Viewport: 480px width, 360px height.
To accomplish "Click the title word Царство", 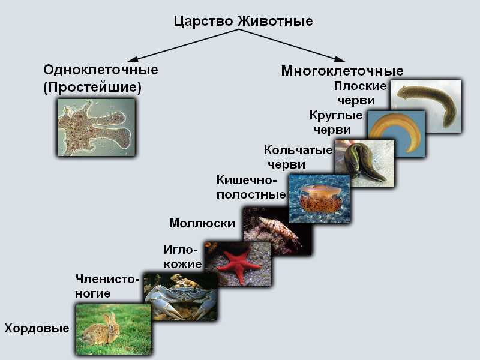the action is [204, 22].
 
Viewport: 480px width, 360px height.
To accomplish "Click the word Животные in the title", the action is [275, 21].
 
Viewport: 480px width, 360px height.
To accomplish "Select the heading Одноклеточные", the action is [101, 70].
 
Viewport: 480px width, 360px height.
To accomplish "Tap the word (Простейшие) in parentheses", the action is [92, 88].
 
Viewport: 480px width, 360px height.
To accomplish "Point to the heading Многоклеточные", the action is [342, 71].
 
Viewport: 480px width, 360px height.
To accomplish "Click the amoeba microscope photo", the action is [96, 127].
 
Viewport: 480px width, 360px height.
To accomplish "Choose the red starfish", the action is [238, 262].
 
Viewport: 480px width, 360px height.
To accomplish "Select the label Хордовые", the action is [37, 328].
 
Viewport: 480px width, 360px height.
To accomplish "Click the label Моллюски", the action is [202, 223].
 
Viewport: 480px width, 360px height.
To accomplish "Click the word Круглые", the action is [336, 116].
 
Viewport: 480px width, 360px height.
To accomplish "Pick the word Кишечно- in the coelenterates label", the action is [247, 180].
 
